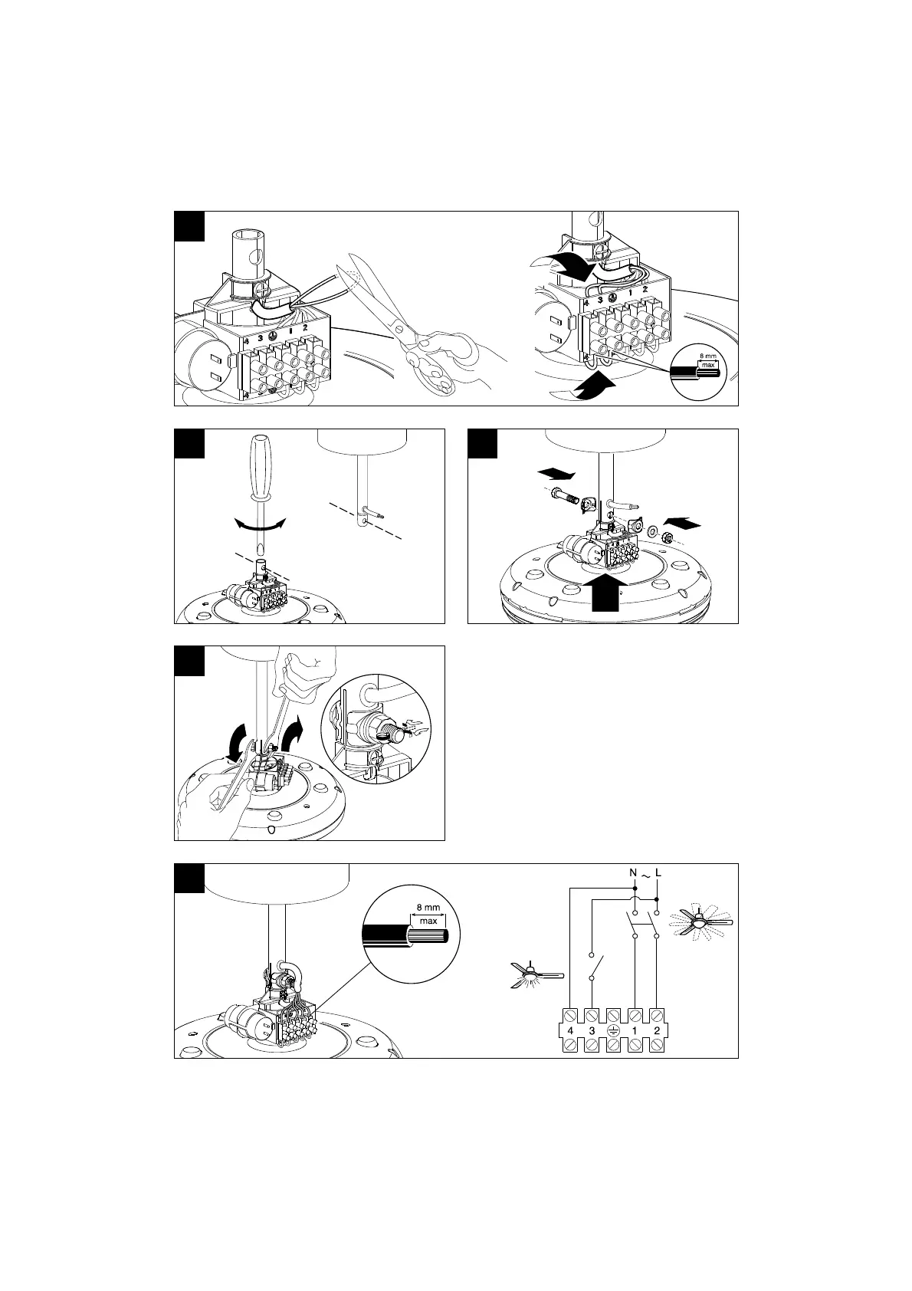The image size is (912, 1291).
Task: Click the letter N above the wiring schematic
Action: (633, 872)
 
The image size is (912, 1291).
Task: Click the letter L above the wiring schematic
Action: (659, 872)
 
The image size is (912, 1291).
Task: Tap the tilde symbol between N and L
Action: (646, 874)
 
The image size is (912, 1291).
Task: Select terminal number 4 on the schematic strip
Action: (570, 1030)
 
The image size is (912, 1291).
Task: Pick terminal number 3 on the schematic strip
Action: (592, 1030)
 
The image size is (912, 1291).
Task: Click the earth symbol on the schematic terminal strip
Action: (613, 1030)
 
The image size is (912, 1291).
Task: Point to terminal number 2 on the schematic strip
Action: (657, 1030)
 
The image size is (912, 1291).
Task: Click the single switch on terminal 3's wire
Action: (596, 967)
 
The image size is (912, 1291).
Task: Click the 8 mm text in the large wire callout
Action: (428, 907)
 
